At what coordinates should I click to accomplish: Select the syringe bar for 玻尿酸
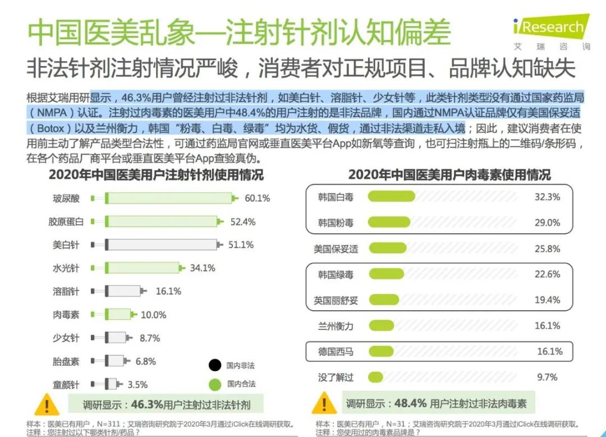click(168, 198)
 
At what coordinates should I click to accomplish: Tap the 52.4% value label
click(242, 222)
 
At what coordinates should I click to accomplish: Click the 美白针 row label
click(66, 245)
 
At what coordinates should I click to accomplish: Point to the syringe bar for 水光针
click(143, 268)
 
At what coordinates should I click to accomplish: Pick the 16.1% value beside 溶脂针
click(168, 291)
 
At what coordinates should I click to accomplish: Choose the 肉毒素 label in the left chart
click(66, 315)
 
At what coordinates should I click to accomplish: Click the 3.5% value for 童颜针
click(137, 385)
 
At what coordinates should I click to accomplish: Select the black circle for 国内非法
click(214, 366)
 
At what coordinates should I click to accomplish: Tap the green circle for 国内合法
click(214, 385)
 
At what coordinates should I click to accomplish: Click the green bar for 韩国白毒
click(391, 197)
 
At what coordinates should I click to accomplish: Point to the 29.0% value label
click(547, 223)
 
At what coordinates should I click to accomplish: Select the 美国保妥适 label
click(336, 249)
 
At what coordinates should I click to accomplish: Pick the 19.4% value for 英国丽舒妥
click(547, 300)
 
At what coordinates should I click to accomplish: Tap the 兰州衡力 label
click(336, 326)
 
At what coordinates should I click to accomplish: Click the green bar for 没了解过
click(375, 378)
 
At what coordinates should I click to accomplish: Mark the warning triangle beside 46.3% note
click(47, 404)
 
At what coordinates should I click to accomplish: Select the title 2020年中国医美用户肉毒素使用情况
click(449, 174)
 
